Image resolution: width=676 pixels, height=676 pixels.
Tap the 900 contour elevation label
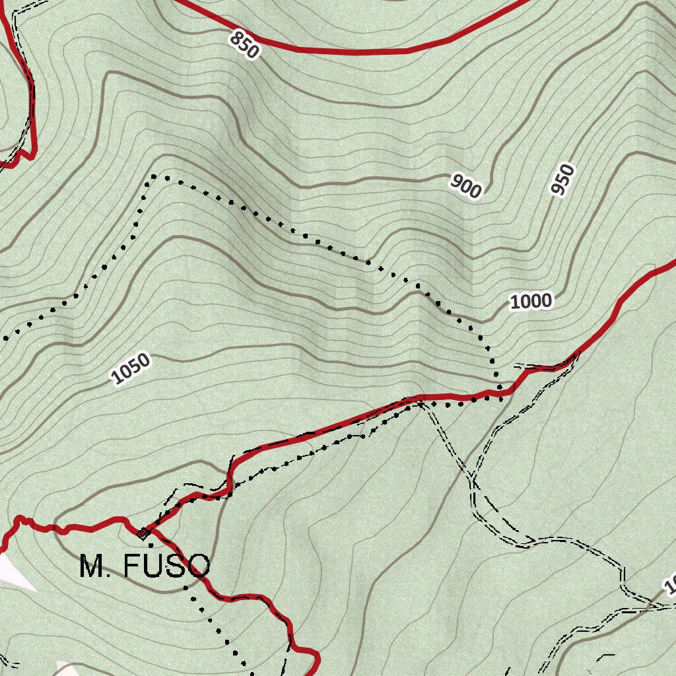467,186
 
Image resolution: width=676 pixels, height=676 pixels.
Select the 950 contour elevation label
562,180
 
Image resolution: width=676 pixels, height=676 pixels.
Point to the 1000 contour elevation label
531,302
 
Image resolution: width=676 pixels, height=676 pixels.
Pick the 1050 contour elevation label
131,369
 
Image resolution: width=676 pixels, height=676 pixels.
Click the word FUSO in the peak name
166,566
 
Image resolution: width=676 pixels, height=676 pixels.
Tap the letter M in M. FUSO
92,566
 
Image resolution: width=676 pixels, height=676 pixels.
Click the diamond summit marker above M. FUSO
142,532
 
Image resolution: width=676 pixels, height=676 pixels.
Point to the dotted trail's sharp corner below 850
154,177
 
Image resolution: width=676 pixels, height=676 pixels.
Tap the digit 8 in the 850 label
236,39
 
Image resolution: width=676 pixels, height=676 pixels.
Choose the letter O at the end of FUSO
197,566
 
